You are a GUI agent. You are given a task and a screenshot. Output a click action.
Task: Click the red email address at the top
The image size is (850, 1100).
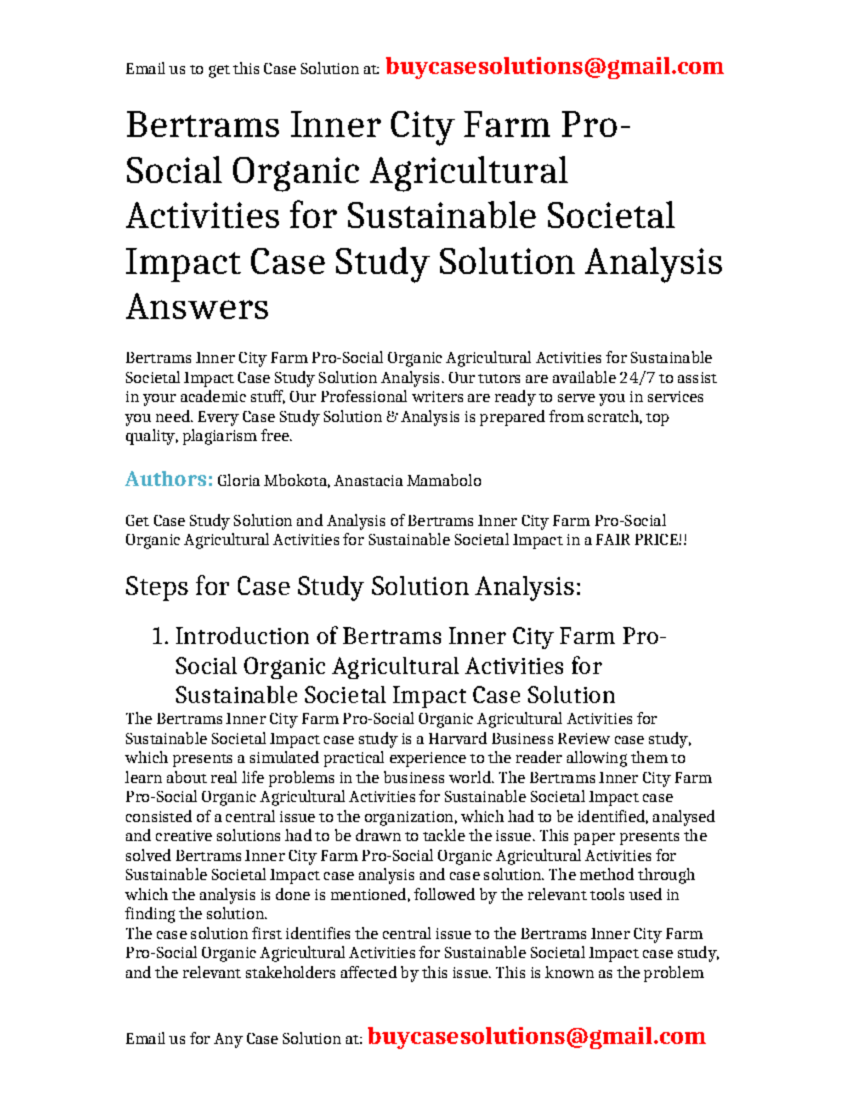point(554,67)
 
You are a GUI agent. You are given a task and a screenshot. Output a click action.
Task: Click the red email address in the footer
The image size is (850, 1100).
point(536,1036)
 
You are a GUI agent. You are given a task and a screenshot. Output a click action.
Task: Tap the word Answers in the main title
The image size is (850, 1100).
point(197,307)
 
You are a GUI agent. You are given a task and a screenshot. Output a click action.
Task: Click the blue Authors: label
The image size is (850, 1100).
point(169,480)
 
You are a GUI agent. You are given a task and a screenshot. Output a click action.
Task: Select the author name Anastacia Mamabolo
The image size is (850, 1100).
point(407,481)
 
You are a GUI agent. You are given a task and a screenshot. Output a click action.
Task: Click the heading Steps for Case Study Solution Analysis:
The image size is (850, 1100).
point(353,586)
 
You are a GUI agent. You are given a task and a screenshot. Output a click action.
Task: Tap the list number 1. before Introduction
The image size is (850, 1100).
point(160,636)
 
